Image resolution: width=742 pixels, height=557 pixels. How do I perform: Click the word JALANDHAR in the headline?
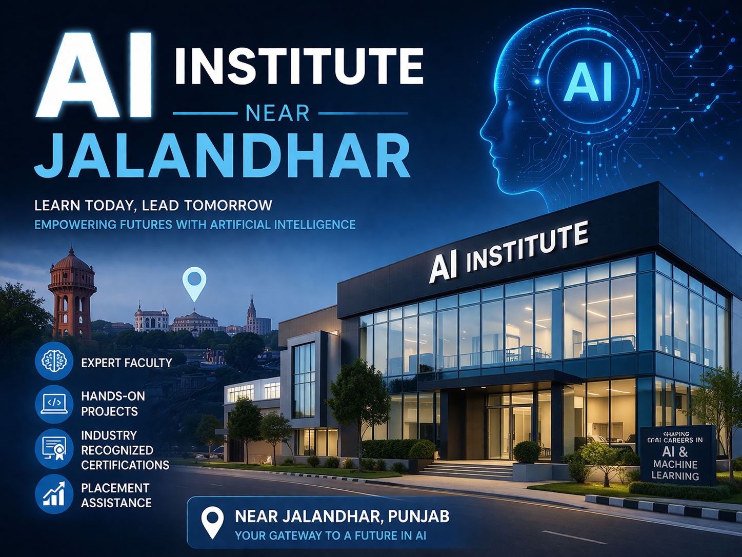223,155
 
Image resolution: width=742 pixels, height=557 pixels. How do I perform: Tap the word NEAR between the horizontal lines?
277,113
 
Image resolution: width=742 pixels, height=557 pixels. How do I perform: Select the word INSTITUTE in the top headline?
299,66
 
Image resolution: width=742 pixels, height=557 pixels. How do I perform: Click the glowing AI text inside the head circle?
588,83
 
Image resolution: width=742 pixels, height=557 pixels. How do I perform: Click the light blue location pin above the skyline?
194,282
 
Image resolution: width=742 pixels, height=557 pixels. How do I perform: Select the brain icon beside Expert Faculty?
54,362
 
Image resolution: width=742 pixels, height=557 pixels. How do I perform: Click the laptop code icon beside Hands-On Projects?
54,404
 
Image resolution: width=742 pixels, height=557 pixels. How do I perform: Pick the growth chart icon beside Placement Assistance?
54,495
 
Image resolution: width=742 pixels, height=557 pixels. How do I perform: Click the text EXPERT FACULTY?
127,363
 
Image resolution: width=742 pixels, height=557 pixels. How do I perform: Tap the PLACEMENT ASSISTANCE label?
116,495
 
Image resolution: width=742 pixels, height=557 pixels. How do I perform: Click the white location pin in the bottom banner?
212,522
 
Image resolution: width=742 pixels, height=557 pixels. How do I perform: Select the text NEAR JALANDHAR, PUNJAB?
342,516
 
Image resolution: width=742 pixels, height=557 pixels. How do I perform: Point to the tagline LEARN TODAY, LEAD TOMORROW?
153,205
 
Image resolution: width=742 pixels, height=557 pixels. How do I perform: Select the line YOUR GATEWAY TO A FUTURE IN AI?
330,535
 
